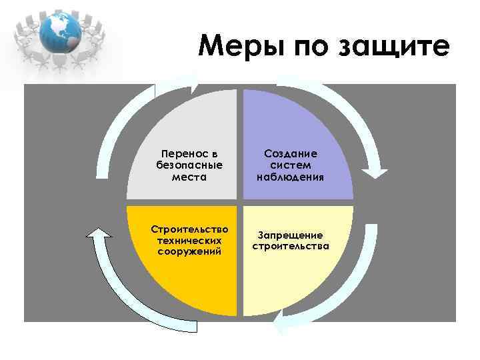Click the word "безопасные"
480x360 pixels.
pos(189,165)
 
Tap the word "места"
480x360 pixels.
pos(189,177)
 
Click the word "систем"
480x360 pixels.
pos(291,165)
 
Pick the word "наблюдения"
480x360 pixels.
pos(291,177)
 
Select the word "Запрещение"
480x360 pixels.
pos(291,235)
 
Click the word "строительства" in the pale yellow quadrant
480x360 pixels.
pos(291,246)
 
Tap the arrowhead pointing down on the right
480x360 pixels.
pos(379,171)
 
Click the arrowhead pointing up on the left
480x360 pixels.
pos(98,233)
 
